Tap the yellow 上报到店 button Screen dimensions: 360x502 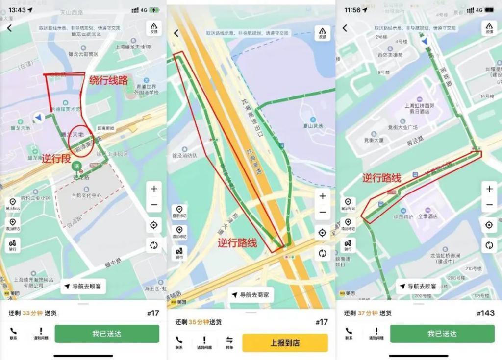point(284,342)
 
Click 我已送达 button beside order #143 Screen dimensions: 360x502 point(442,334)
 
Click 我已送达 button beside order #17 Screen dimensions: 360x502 point(107,334)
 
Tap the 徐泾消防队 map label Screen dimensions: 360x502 point(185,156)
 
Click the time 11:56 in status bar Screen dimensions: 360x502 point(352,10)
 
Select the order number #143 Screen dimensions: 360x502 point(485,313)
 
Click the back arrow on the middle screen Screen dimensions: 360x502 point(176,33)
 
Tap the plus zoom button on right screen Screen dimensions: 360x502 point(489,189)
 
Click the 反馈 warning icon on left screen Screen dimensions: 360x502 point(153,28)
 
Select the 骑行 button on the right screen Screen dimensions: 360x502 point(348,245)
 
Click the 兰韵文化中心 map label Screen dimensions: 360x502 point(86,195)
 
